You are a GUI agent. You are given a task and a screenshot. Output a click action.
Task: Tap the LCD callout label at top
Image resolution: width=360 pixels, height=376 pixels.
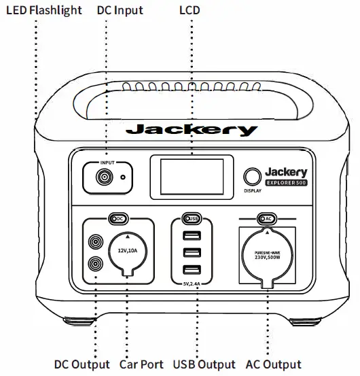click(190, 10)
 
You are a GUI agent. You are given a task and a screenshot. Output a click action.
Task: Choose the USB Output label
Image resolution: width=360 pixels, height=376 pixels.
click(204, 365)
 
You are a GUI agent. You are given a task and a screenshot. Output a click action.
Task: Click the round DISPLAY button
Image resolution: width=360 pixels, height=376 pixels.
click(253, 177)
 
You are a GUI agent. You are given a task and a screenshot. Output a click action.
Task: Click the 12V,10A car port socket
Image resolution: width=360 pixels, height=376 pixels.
click(128, 252)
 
